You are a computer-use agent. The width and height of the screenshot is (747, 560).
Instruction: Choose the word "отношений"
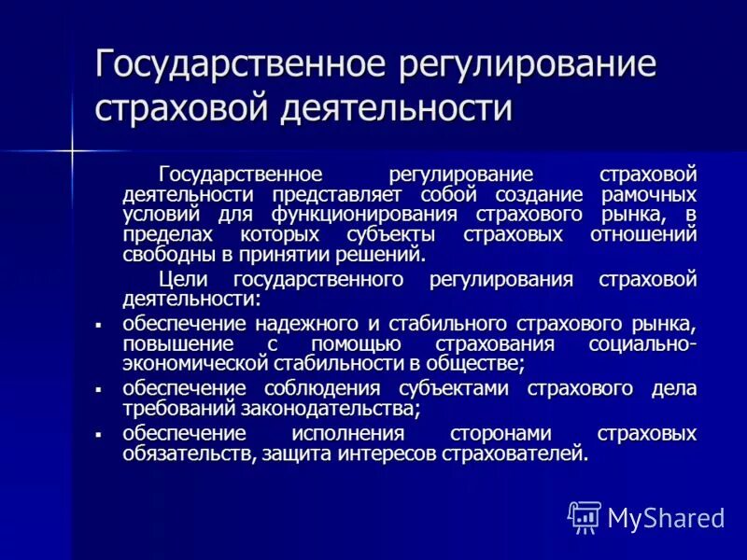coord(643,235)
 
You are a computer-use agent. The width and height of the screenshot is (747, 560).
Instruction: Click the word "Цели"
coord(177,280)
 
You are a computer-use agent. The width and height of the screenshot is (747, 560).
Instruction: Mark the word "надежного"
coord(304,324)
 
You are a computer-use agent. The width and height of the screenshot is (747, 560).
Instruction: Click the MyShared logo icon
coord(584,516)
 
